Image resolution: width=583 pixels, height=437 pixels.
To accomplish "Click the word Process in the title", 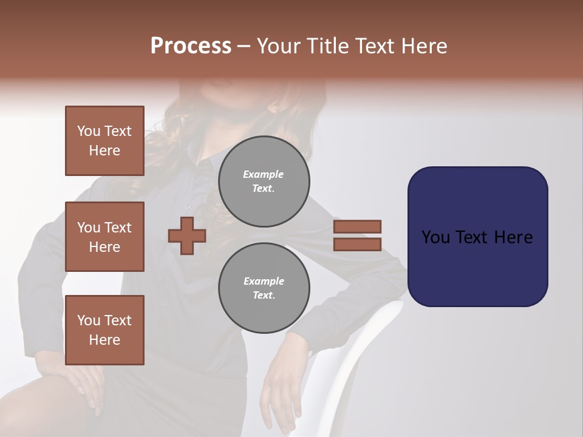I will (x=191, y=46).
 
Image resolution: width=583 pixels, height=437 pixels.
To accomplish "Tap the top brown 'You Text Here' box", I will (x=104, y=141).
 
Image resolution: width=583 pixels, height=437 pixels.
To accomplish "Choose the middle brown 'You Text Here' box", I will (x=104, y=237).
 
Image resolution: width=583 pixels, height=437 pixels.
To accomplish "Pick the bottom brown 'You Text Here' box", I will (x=104, y=330).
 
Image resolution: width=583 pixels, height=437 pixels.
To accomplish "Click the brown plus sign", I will (x=187, y=235).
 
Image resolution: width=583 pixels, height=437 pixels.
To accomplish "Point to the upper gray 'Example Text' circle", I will (x=264, y=181).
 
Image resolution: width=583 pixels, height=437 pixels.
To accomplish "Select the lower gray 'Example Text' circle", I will (x=264, y=288).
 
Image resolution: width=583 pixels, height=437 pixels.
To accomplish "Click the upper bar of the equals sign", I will (x=358, y=227).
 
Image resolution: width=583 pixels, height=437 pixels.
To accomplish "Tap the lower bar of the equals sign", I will (x=358, y=244).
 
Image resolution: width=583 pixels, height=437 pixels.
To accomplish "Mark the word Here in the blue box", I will (x=513, y=237).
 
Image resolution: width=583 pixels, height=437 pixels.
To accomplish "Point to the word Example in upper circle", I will (x=264, y=174).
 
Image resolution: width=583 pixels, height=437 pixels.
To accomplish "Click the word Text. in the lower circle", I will (x=264, y=295).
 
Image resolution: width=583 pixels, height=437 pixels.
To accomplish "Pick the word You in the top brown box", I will (x=89, y=131).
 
